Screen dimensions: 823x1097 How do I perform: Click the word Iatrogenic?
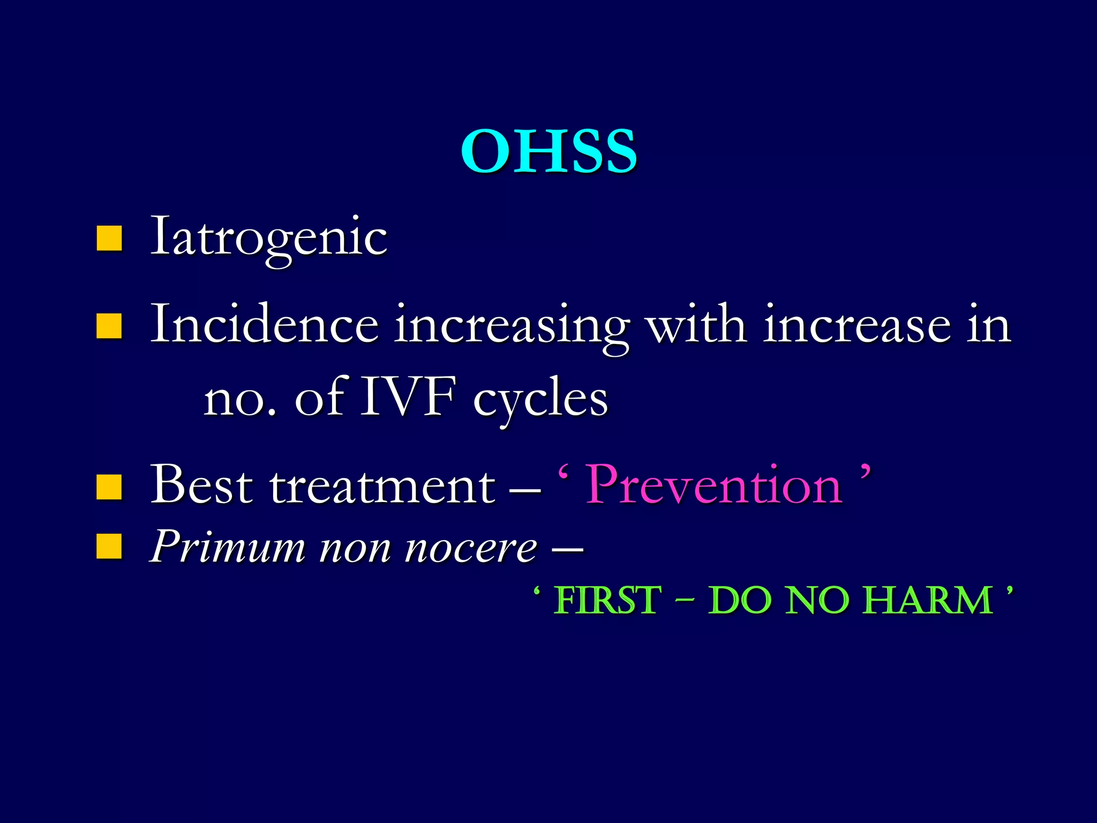pos(269,238)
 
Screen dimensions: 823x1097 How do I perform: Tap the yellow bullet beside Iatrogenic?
pos(109,238)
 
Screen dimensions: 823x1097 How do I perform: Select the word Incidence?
pos(265,325)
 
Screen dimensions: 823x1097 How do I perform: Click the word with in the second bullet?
pos(697,325)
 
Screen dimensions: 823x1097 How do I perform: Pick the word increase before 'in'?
pos(857,326)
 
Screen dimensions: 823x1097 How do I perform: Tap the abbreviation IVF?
pos(408,398)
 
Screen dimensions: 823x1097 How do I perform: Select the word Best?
pos(201,485)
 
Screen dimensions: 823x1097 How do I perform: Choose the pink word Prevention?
pos(714,485)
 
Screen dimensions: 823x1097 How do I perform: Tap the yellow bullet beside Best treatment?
pos(109,487)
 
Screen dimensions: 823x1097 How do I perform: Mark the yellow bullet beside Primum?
pos(109,547)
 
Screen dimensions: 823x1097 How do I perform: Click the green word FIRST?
pos(607,600)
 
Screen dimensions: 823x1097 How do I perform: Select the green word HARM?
pos(929,600)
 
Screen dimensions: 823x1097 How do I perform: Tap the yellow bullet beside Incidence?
pos(109,326)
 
